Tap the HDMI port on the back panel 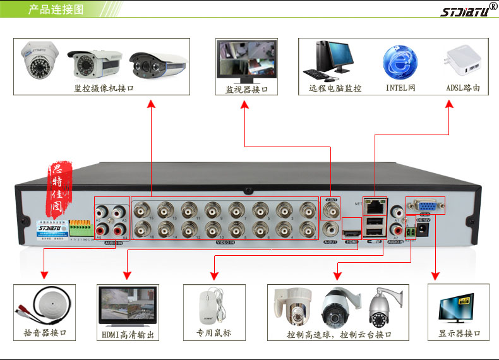click(x=351, y=234)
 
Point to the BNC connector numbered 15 click(x=143, y=209)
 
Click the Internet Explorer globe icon click(x=400, y=61)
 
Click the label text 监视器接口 click(x=246, y=90)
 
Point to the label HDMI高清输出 click(x=127, y=334)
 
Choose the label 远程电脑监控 click(x=335, y=88)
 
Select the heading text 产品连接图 click(x=56, y=10)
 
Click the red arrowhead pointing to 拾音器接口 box click(x=44, y=275)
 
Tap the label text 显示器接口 click(x=459, y=333)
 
